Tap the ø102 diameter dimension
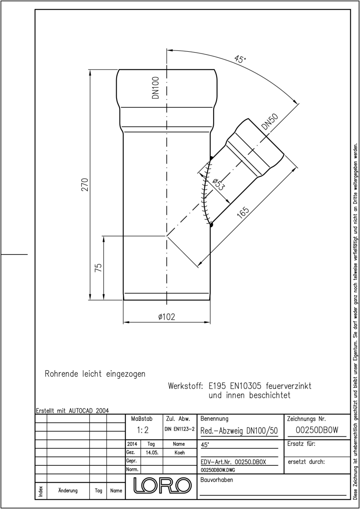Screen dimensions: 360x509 167,317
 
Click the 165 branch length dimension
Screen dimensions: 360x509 243,212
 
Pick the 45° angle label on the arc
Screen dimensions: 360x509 240,59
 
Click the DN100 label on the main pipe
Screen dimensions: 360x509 156,88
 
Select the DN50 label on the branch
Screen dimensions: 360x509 270,122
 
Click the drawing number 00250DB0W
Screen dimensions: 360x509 317,430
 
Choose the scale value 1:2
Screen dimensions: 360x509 142,430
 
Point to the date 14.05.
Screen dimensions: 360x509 152,453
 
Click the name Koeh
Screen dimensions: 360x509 179,453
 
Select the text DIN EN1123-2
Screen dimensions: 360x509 180,429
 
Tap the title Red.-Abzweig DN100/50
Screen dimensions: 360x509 239,431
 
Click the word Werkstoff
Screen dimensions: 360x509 185,386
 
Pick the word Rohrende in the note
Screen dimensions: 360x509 61,374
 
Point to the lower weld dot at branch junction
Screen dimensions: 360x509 211,225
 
